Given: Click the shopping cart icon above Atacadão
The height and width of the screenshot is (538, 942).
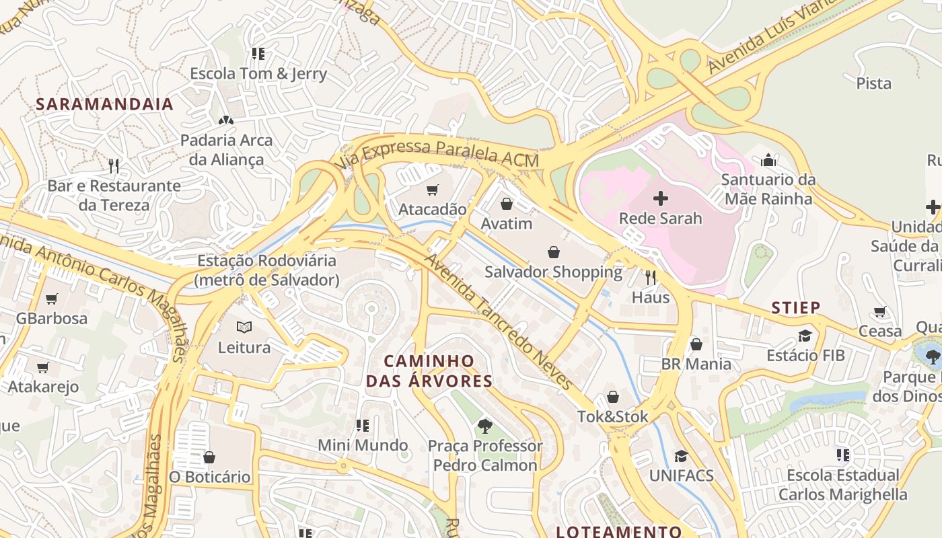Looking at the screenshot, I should pyautogui.click(x=432, y=190).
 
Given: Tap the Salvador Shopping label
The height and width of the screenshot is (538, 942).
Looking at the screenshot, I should pyautogui.click(x=553, y=272).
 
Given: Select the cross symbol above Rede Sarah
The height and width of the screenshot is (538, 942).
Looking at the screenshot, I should pyautogui.click(x=661, y=198).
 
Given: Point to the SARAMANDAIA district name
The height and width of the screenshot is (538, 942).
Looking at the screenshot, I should pyautogui.click(x=104, y=104).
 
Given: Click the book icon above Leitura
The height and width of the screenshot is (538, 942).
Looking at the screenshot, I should pyautogui.click(x=244, y=328).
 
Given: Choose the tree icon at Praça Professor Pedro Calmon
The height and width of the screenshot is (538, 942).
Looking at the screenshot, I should pyautogui.click(x=484, y=426).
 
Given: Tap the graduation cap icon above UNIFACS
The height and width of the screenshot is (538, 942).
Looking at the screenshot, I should pyautogui.click(x=681, y=456).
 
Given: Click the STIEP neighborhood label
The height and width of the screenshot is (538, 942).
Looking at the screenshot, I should pyautogui.click(x=795, y=308).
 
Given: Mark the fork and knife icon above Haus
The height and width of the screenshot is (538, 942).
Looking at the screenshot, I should pyautogui.click(x=651, y=277).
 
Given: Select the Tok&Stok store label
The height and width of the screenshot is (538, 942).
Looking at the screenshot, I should pyautogui.click(x=613, y=417).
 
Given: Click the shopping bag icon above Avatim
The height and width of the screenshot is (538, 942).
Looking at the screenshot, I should pyautogui.click(x=507, y=204).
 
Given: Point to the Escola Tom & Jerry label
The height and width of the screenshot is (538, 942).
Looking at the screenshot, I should pyautogui.click(x=258, y=74).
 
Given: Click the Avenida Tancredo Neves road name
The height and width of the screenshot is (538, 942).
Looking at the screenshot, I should pyautogui.click(x=498, y=321).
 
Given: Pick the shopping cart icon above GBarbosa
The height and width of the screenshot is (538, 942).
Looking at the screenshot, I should pyautogui.click(x=52, y=299).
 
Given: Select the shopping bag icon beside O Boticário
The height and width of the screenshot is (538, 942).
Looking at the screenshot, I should pyautogui.click(x=209, y=458).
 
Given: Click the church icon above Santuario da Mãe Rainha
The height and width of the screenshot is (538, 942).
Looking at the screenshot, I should pyautogui.click(x=768, y=160).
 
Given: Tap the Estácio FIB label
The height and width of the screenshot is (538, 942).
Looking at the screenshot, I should pyautogui.click(x=805, y=354).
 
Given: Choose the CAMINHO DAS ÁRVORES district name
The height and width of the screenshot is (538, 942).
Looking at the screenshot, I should pyautogui.click(x=429, y=371).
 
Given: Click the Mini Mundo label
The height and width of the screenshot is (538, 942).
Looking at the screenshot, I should pyautogui.click(x=363, y=445).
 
